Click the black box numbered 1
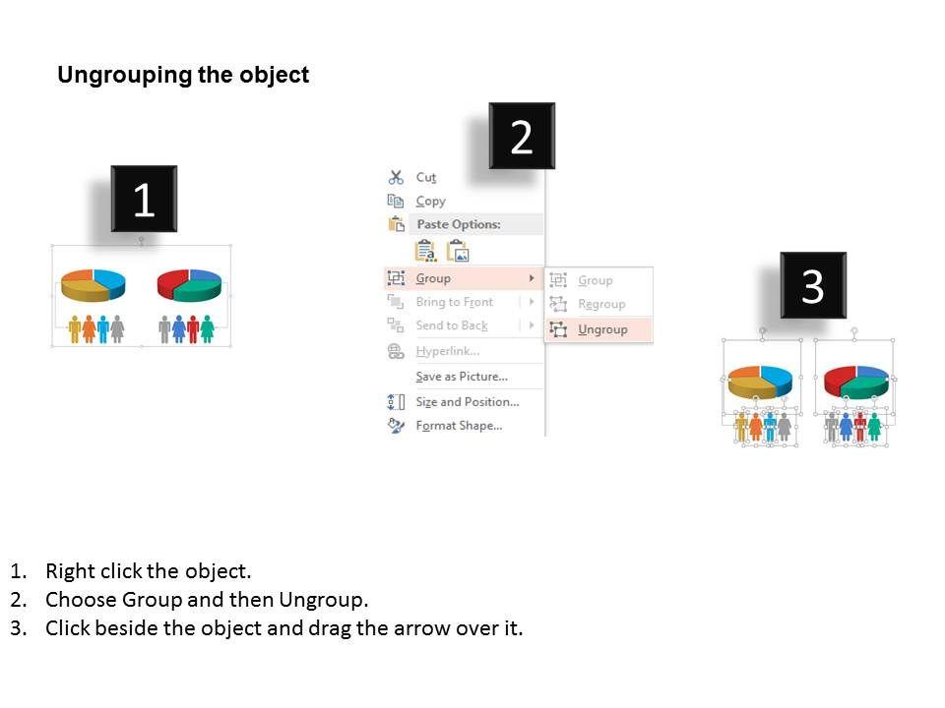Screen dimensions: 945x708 point(144,199)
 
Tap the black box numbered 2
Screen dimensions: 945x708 point(522,136)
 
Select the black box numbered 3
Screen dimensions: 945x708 point(813,285)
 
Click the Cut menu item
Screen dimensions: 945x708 point(425,178)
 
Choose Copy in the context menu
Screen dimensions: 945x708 point(430,201)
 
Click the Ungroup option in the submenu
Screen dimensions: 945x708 point(602,329)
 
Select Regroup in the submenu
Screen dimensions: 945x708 point(601,304)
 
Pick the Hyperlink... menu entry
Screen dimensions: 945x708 point(447,351)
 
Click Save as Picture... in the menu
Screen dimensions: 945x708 point(462,377)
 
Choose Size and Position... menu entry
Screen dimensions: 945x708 point(467,401)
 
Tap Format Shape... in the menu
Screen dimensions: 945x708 point(459,426)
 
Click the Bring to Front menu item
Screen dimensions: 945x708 point(455,302)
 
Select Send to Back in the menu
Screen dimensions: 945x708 point(452,325)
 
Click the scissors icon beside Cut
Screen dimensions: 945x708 point(396,177)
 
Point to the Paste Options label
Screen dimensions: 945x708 point(459,224)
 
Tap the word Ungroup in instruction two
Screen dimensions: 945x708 point(323,600)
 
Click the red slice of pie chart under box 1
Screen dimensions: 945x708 point(173,282)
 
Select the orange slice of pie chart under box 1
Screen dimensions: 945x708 point(77,276)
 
